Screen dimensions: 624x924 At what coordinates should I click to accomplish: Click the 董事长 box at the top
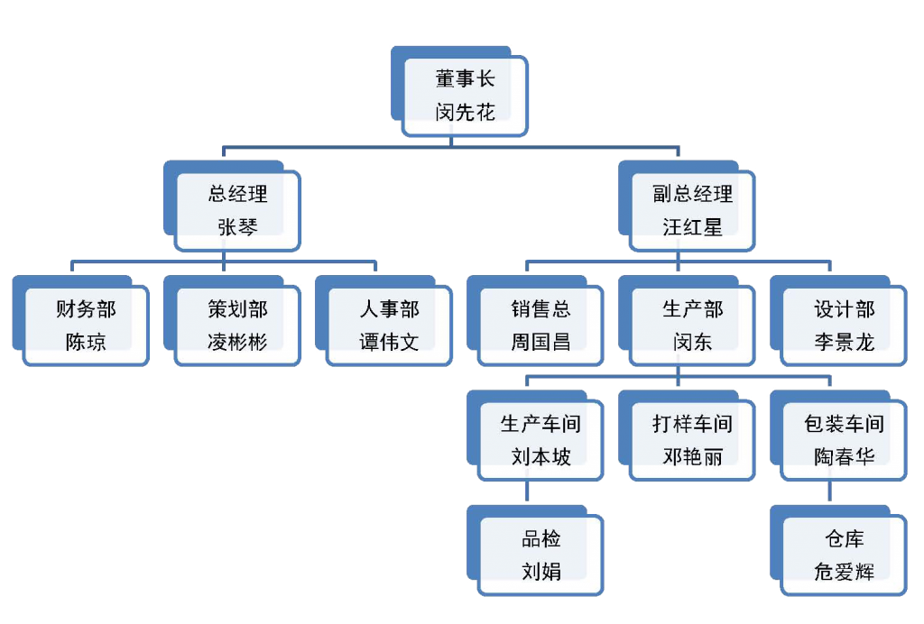tap(465, 96)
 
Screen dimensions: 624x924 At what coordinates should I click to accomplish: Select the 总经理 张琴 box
tap(237, 211)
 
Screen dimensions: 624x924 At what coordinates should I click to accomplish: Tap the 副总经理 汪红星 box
tap(692, 211)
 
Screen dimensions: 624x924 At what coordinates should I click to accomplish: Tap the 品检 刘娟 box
tap(541, 555)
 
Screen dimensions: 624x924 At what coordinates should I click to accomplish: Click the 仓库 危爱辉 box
tap(844, 555)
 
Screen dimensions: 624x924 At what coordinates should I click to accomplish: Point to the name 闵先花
tap(465, 113)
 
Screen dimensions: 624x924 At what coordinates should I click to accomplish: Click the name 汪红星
tap(692, 228)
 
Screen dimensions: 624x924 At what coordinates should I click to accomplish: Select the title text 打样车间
tap(692, 424)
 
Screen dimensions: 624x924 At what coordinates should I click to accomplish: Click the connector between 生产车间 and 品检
tap(526, 494)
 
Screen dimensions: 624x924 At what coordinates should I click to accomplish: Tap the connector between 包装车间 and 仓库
tap(829, 494)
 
